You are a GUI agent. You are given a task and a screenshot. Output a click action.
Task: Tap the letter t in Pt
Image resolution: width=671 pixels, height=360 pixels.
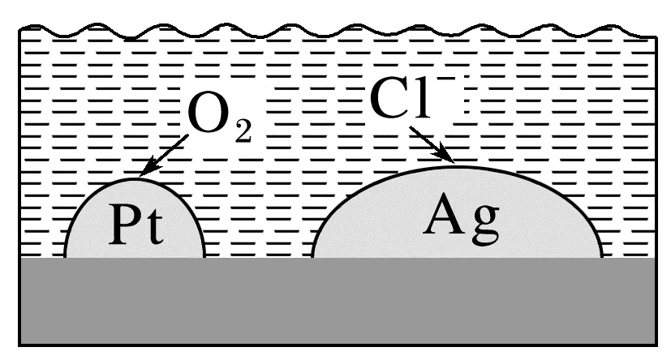(153, 229)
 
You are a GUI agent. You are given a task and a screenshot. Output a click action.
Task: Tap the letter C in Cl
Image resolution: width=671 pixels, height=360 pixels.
(390, 102)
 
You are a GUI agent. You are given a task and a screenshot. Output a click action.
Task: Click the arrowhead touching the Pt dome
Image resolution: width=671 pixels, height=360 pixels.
(147, 169)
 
